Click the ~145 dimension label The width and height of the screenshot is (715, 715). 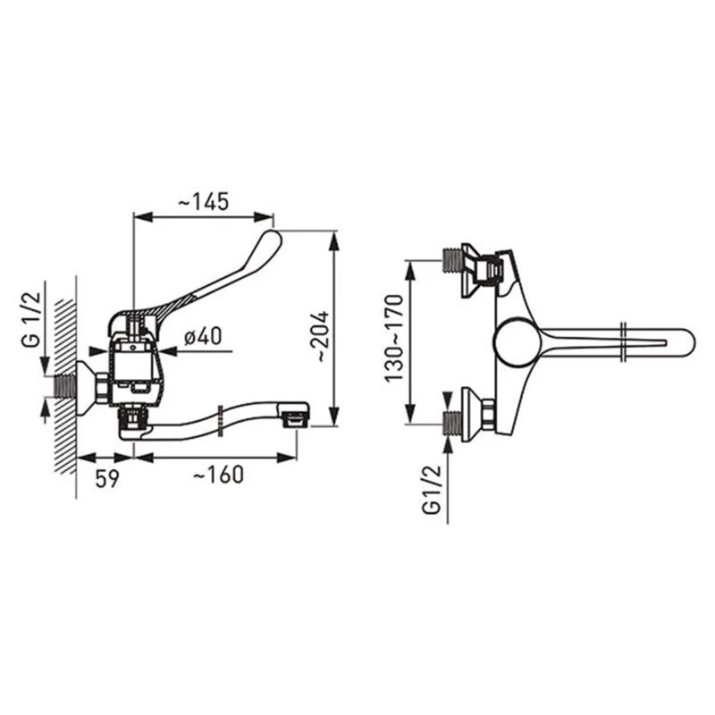[203, 202]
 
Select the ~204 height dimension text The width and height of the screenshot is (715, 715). [322, 337]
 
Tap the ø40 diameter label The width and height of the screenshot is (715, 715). [204, 337]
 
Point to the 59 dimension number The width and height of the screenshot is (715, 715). [107, 478]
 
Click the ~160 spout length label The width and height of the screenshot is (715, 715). [218, 475]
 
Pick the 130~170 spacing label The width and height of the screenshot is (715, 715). [394, 339]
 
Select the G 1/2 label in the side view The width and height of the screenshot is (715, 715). [32, 320]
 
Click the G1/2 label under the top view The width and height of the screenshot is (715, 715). [433, 490]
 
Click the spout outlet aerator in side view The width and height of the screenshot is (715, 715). [295, 419]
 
